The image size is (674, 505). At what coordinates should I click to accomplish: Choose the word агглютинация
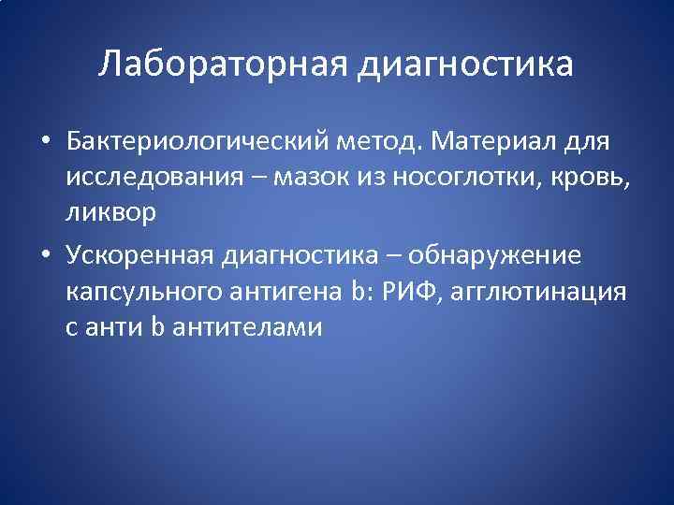point(540,292)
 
